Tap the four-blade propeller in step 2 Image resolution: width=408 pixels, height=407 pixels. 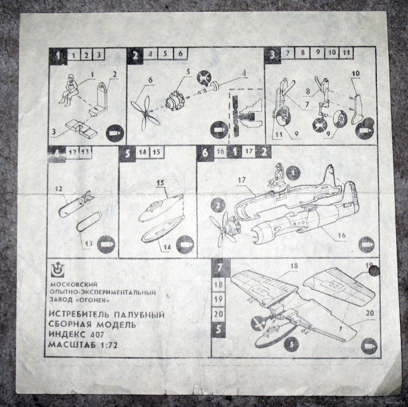(x=146, y=113)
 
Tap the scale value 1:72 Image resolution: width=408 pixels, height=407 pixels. (x=108, y=345)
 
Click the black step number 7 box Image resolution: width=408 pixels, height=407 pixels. (x=220, y=268)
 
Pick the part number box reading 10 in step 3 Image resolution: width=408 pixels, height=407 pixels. (x=332, y=53)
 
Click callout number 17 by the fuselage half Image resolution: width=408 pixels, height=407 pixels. (x=242, y=180)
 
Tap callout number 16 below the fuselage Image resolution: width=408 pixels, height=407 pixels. (x=341, y=235)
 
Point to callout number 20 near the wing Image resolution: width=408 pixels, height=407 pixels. (x=370, y=313)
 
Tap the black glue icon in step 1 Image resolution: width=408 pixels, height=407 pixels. (x=115, y=133)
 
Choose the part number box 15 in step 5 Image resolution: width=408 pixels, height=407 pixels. (x=156, y=152)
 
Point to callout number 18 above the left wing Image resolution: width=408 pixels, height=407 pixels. (x=294, y=266)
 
